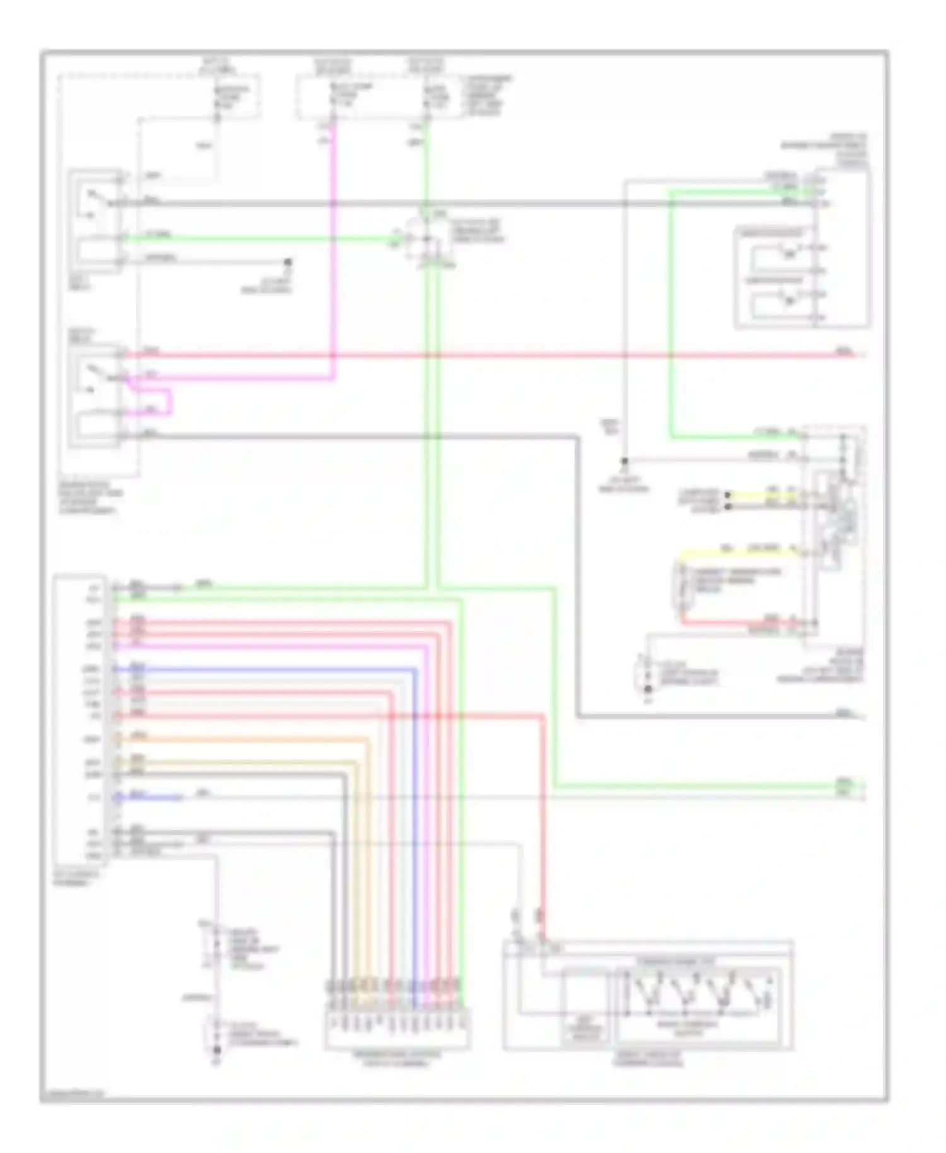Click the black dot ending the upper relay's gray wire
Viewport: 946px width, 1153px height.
click(x=288, y=261)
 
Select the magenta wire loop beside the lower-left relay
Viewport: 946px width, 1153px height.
click(x=169, y=402)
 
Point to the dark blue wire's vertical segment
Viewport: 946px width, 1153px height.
click(x=414, y=820)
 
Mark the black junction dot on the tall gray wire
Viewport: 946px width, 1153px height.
click(x=624, y=461)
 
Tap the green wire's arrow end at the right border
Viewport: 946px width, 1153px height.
click(x=861, y=787)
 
